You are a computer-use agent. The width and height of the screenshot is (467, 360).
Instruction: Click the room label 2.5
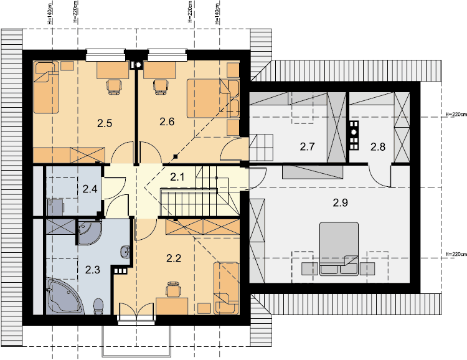click(105, 123)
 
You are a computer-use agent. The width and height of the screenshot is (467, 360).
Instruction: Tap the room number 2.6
click(167, 121)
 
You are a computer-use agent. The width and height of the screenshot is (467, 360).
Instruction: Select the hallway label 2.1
click(177, 177)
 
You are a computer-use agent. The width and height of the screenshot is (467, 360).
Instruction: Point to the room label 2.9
click(341, 202)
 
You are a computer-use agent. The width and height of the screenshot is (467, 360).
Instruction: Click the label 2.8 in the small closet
click(378, 146)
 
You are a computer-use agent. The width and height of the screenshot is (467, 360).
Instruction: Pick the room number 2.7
click(307, 146)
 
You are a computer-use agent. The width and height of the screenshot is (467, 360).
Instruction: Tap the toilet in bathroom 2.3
click(98, 306)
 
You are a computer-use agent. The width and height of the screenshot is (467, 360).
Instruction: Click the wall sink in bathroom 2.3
click(125, 252)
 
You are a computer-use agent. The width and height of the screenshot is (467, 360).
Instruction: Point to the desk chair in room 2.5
click(114, 87)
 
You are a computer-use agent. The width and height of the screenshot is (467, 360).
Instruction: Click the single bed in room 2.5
click(46, 87)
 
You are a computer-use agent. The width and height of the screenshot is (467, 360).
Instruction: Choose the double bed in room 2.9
click(339, 249)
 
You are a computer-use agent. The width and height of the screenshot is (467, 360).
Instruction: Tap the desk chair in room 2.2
click(173, 289)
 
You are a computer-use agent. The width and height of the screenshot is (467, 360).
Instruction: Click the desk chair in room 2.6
click(160, 87)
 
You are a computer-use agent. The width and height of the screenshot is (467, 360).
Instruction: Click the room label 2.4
click(90, 189)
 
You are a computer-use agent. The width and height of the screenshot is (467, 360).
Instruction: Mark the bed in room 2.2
click(226, 288)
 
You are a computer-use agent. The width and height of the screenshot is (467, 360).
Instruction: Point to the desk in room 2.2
click(172, 306)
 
